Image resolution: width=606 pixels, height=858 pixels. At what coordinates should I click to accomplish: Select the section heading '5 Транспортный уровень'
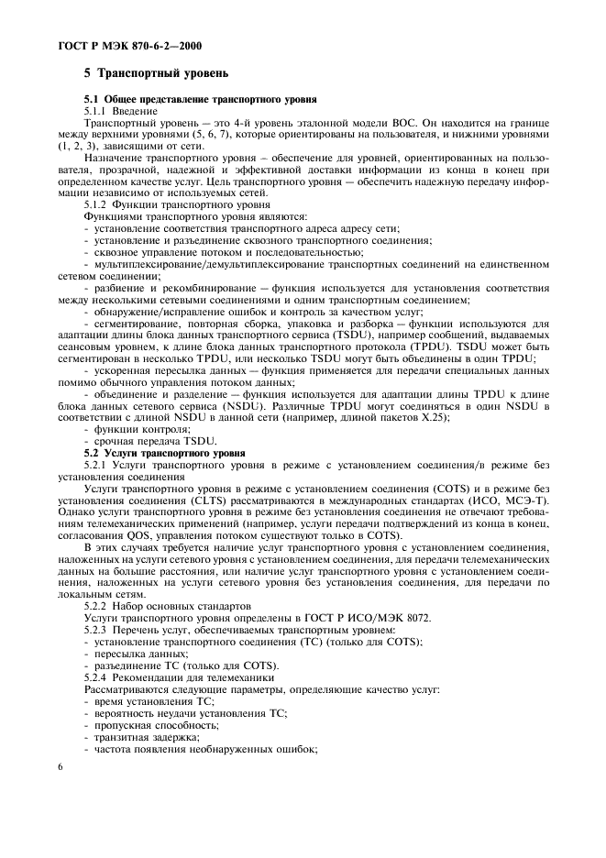[156, 72]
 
